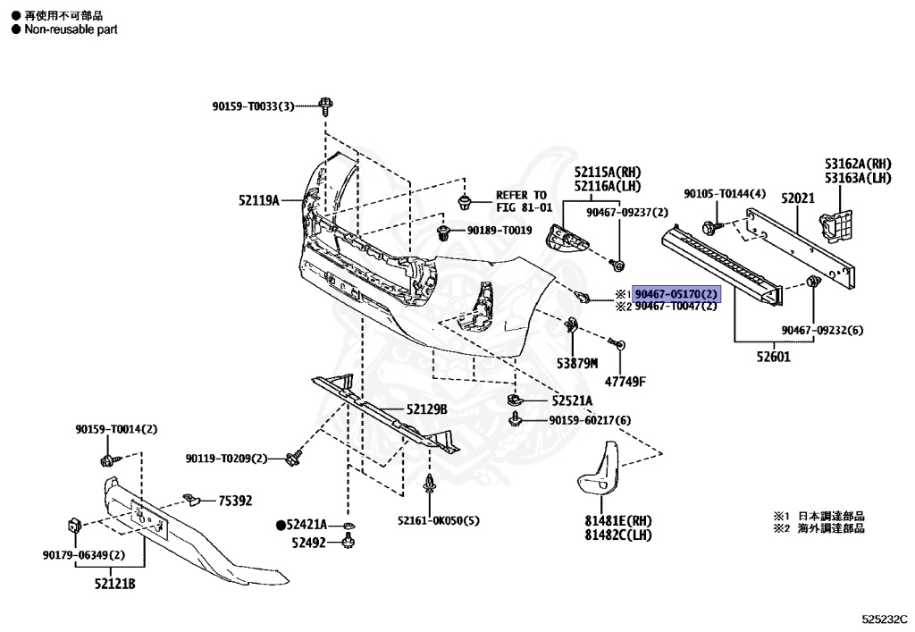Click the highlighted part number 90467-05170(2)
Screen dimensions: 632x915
point(676,293)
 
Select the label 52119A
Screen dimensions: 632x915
point(258,200)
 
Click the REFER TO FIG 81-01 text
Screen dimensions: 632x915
point(525,201)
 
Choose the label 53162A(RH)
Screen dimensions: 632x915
point(858,164)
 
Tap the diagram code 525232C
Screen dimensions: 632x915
point(884,618)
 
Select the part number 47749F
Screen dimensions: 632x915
point(625,383)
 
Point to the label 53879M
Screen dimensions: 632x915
point(576,363)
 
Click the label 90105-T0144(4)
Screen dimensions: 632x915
point(725,194)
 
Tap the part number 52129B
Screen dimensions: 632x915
point(426,409)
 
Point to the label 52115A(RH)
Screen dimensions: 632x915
point(608,172)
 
